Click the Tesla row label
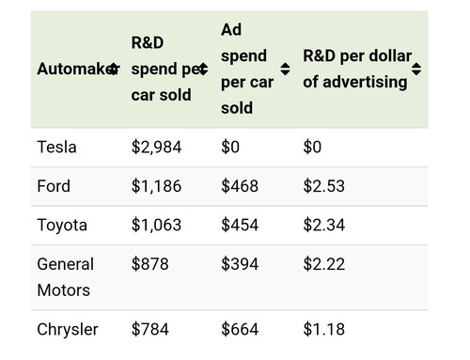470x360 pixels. point(56,147)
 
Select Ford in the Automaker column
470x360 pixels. point(54,186)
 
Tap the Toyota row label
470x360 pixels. point(62,226)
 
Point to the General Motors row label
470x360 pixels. point(66,277)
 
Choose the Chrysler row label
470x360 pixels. point(68,330)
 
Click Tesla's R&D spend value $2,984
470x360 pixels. point(156,148)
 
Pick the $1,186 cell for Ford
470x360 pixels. point(156,186)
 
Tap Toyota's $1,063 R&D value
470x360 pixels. point(156,225)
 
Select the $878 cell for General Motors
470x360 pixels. point(150,264)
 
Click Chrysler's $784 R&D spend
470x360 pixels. point(150,329)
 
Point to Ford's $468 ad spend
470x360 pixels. point(240,186)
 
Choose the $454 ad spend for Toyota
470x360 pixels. point(240,225)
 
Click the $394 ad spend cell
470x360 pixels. point(240,264)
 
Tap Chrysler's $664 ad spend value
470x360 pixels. point(240,329)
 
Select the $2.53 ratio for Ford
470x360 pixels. point(324,186)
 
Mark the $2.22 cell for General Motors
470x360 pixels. point(324,264)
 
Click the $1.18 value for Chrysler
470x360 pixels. point(324,329)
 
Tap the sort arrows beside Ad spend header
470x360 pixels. point(285,69)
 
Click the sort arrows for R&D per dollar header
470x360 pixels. point(416,69)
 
